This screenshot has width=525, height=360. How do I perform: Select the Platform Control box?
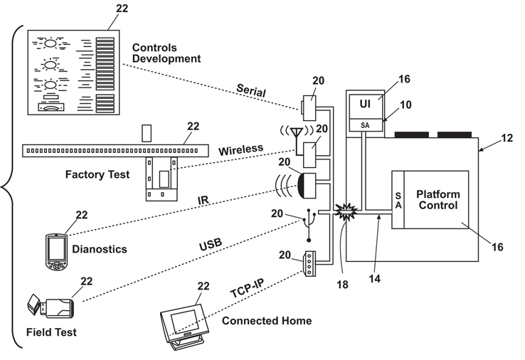point(437,199)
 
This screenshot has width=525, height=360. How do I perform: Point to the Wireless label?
point(240,150)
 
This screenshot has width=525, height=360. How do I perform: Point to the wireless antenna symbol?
point(291,134)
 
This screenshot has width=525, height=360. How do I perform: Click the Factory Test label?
point(97,174)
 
